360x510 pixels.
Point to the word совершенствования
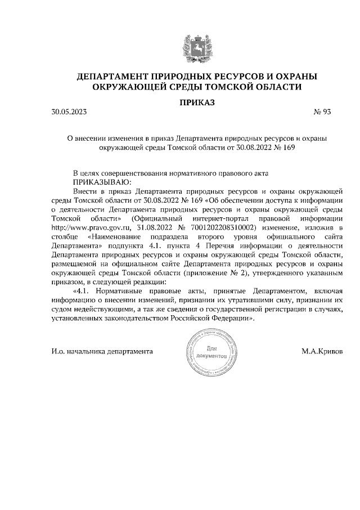(x=137, y=173)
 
